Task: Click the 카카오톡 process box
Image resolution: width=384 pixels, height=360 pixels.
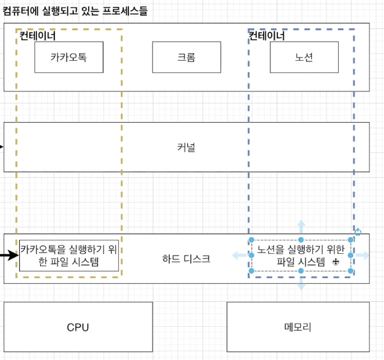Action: (x=68, y=57)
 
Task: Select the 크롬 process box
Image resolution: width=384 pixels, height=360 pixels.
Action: (x=186, y=57)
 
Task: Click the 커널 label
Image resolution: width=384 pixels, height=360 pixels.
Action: (x=186, y=148)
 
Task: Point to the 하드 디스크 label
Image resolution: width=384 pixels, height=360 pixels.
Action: (x=186, y=258)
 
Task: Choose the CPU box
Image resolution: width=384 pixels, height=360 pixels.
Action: (x=78, y=327)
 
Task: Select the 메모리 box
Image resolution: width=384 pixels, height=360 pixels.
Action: (x=297, y=327)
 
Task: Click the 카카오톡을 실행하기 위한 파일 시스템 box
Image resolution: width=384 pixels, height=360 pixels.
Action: (x=69, y=256)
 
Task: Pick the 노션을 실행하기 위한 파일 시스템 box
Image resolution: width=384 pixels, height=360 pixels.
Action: (x=301, y=256)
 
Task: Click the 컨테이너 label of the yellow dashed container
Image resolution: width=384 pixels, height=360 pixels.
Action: (x=38, y=36)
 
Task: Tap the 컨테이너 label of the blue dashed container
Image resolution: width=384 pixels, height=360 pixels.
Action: (x=266, y=36)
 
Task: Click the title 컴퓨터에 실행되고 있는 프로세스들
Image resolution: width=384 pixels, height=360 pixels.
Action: (x=75, y=12)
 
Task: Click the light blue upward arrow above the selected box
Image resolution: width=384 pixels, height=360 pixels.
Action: (x=301, y=227)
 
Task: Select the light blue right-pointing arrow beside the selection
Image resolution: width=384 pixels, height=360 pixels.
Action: (x=363, y=256)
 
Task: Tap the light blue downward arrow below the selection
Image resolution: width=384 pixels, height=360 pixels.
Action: (x=301, y=284)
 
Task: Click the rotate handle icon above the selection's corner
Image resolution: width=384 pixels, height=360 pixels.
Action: (x=358, y=233)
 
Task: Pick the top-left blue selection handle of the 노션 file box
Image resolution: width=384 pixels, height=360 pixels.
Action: (x=252, y=240)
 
